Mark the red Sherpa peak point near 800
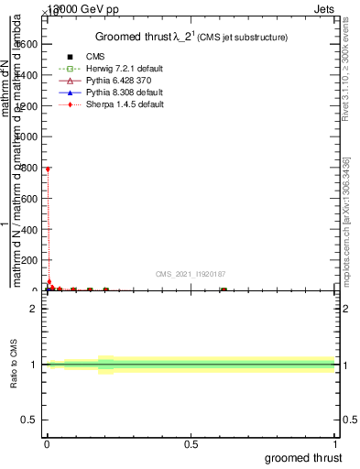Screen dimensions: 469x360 pos(47,169)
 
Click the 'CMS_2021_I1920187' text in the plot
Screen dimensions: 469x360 pos(191,274)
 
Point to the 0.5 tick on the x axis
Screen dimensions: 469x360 pos(191,444)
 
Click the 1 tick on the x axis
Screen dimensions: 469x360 pos(335,444)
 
